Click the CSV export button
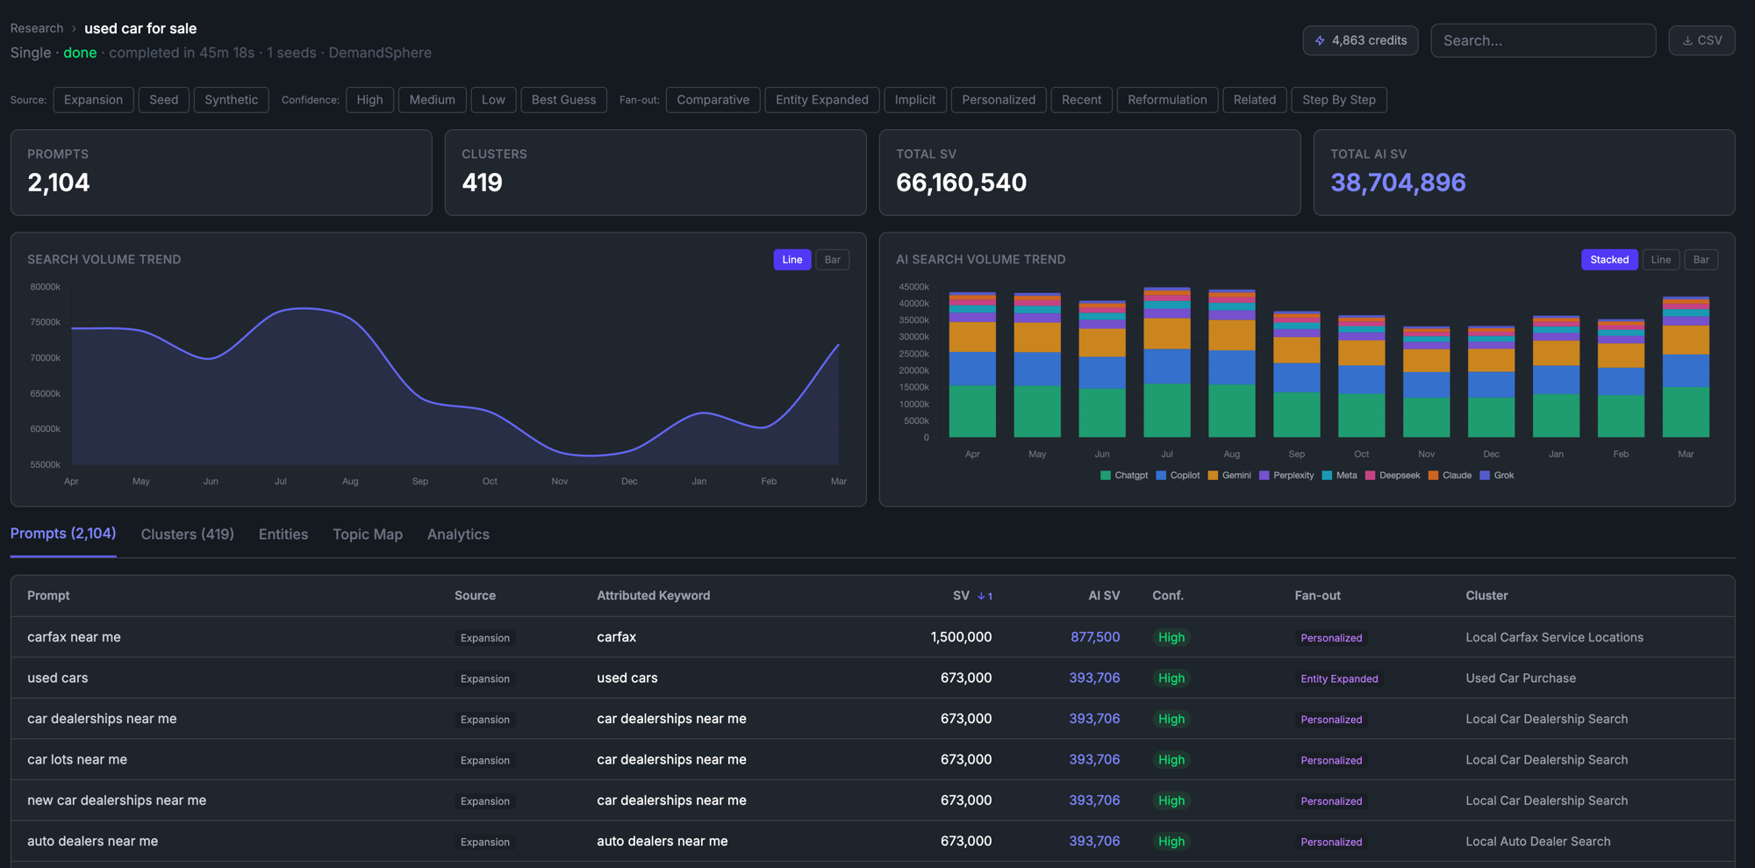click(x=1701, y=40)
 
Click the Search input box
click(x=1543, y=40)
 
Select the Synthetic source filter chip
click(x=231, y=100)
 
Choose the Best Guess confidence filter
click(x=563, y=100)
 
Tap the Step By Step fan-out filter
click(x=1338, y=100)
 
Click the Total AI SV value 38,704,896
click(x=1398, y=183)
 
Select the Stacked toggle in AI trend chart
click(x=1608, y=260)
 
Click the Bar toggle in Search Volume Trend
click(x=832, y=260)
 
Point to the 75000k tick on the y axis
click(x=45, y=322)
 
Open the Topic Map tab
click(x=367, y=534)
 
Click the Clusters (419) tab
click(x=187, y=534)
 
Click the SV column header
click(x=961, y=596)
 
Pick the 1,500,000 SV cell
click(x=961, y=637)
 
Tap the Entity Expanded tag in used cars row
click(x=1338, y=678)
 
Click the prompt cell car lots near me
click(x=77, y=760)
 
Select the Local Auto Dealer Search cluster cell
click(x=1537, y=842)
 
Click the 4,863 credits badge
click(x=1359, y=40)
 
